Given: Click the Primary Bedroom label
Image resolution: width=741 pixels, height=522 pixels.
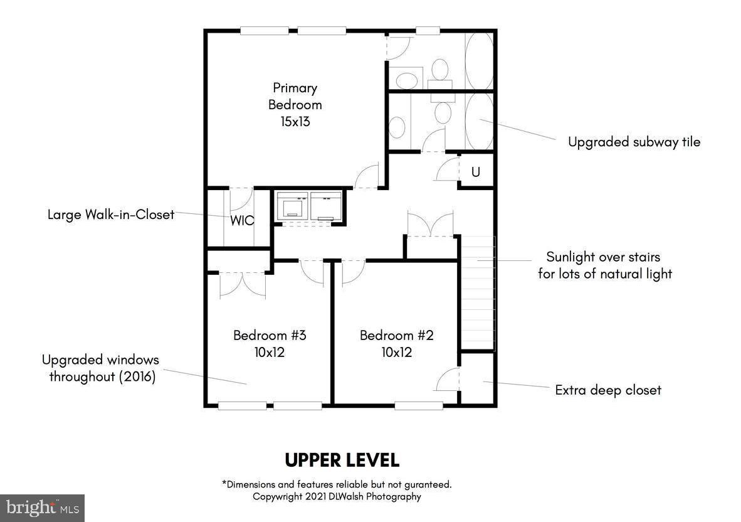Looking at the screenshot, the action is (295, 97).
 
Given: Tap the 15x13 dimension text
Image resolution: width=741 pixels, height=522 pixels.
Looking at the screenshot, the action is (295, 122).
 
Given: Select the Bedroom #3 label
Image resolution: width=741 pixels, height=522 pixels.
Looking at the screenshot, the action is (270, 335).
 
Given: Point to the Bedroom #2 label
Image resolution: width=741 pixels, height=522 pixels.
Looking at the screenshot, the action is (396, 335).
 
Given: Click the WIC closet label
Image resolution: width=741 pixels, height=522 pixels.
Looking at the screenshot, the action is (242, 220).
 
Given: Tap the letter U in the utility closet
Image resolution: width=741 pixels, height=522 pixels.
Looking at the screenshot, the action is (475, 172).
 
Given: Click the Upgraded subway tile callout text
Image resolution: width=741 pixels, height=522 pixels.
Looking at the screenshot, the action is (634, 142).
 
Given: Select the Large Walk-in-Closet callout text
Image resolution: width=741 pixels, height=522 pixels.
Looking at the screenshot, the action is (111, 215).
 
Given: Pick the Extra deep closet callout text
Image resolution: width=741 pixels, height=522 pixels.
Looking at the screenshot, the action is (608, 390).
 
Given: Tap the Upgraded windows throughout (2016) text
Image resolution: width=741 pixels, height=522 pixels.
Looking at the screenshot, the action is (101, 368).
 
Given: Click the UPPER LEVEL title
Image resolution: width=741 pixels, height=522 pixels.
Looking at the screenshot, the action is (342, 460).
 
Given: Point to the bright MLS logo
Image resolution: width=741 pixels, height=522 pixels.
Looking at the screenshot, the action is (42, 508).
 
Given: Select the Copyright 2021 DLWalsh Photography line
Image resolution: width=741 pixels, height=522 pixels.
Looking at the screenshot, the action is (337, 496).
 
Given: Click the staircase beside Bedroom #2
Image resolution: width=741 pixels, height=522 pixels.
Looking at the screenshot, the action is (478, 293).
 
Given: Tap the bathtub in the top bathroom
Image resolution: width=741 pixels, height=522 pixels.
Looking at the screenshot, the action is (479, 60).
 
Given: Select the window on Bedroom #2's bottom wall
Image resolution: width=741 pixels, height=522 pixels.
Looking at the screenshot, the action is (419, 405).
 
